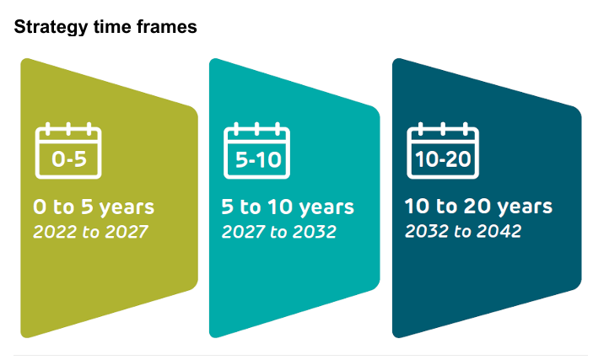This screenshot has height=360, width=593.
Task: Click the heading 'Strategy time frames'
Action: pos(105,27)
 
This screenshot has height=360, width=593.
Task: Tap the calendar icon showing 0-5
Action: pos(68,151)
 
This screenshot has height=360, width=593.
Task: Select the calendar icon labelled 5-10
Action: pos(256,151)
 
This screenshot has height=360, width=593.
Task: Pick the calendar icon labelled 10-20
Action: pos(443,151)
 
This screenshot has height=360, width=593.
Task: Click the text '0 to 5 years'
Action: pos(94,207)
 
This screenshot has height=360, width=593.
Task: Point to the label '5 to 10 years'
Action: pos(288,207)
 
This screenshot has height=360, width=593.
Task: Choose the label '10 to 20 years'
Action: pos(479,207)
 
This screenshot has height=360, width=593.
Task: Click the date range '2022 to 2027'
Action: pos(91,232)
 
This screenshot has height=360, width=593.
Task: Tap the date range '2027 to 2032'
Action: pos(279,232)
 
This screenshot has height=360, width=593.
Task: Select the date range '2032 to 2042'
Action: pos(463,231)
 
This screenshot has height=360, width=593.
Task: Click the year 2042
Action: pos(499,231)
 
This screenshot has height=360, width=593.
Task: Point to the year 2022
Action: pos(55,232)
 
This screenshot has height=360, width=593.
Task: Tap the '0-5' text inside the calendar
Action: pos(69,159)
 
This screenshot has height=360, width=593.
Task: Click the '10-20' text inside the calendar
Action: pos(443,159)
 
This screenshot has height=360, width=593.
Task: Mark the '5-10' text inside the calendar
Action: pos(258,159)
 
